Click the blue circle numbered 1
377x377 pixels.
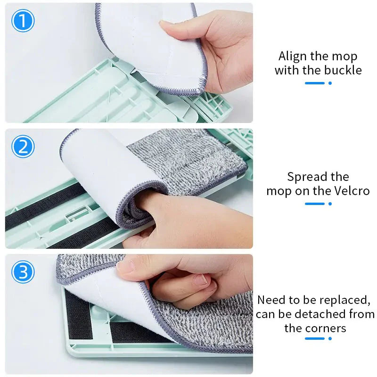click(23, 22)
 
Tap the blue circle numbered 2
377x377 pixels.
click(23, 147)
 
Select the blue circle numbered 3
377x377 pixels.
click(23, 272)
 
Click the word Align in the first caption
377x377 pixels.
click(292, 57)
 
